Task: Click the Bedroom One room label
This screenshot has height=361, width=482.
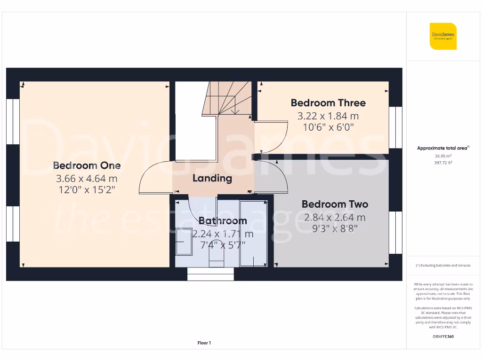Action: [x=87, y=165]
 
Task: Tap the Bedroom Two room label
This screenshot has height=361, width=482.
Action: [x=335, y=204]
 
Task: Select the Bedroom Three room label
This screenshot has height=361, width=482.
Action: [x=328, y=103]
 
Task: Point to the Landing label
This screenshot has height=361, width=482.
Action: [x=212, y=178]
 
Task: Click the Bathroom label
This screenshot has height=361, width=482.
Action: [x=222, y=220]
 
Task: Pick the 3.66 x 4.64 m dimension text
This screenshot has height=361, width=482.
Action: [x=87, y=179]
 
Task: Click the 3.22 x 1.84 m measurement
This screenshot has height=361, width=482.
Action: [x=328, y=116]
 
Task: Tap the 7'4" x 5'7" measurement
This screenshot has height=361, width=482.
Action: [x=222, y=245]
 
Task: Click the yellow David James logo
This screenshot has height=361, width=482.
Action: [x=443, y=36]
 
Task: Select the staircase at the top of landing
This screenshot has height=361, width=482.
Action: [x=227, y=98]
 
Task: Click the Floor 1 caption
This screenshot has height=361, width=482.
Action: [x=204, y=343]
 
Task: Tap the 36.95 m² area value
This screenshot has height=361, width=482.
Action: [x=442, y=156]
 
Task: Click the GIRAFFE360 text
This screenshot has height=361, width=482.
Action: [x=442, y=337]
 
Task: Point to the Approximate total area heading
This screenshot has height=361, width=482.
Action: [x=442, y=148]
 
